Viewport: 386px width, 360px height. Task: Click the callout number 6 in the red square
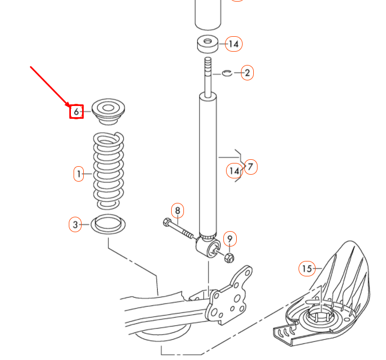76,112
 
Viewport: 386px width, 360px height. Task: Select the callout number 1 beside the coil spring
79,174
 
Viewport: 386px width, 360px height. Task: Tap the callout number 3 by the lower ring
75,224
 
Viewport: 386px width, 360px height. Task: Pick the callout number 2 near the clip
247,73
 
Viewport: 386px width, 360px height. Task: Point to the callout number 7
251,167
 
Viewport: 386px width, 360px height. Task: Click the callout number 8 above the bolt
178,210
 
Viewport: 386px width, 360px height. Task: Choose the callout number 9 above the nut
230,239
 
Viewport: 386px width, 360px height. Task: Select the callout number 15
307,268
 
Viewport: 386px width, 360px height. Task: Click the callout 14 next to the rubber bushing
234,44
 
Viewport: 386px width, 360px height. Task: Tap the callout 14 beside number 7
234,170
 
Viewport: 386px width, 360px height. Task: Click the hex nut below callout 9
229,258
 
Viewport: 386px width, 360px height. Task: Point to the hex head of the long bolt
167,222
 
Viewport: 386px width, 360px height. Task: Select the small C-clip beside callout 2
227,73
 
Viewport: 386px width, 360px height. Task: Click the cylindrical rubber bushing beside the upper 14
208,44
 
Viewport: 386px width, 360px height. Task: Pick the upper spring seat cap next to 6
108,112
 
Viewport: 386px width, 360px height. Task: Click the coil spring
108,170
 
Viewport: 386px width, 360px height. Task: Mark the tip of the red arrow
70,107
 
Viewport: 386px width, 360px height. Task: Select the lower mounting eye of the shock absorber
208,247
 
